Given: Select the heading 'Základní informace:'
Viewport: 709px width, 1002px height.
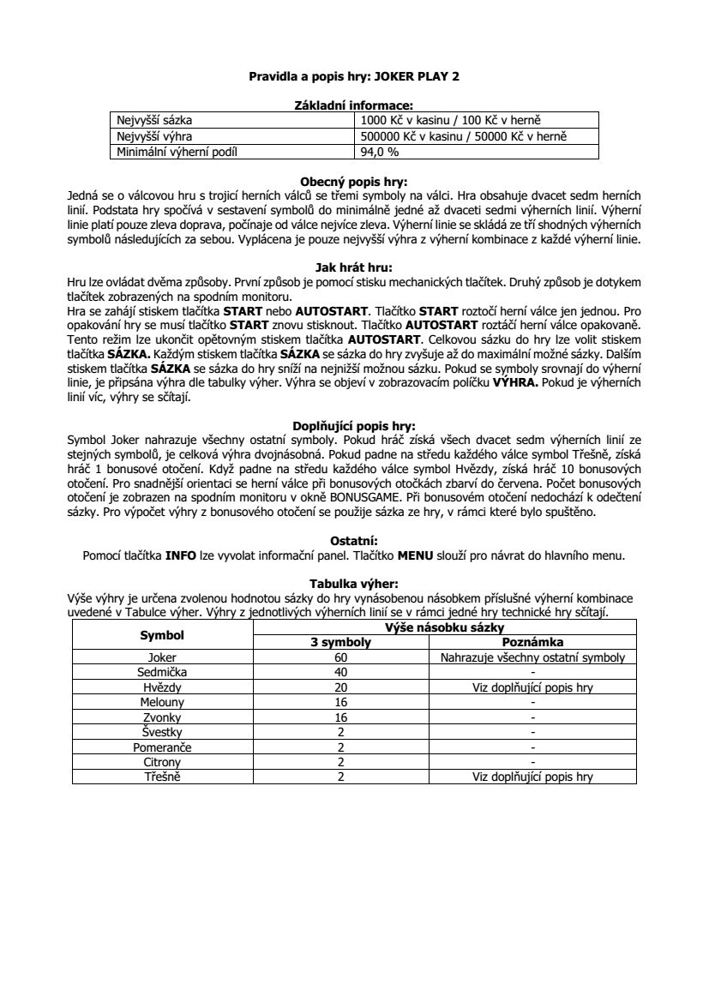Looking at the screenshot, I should coord(354,105).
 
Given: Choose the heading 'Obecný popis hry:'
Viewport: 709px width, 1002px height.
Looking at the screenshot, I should coord(354,182).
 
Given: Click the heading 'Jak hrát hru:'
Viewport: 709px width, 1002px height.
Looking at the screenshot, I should coord(354,267).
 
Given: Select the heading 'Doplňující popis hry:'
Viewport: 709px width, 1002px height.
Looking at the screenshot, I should coord(354,425).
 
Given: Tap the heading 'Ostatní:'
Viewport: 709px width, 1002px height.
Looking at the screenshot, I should coord(354,541).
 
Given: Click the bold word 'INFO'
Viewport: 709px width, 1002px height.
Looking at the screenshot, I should coord(181,555).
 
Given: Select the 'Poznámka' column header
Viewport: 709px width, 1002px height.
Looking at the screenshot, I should coord(532,643).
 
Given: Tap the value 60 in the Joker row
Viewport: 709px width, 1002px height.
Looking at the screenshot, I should coord(340,658).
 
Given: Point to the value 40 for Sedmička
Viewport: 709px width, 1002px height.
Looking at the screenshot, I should coord(340,673).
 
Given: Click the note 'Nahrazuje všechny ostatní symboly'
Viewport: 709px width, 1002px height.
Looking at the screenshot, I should coord(532,658).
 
